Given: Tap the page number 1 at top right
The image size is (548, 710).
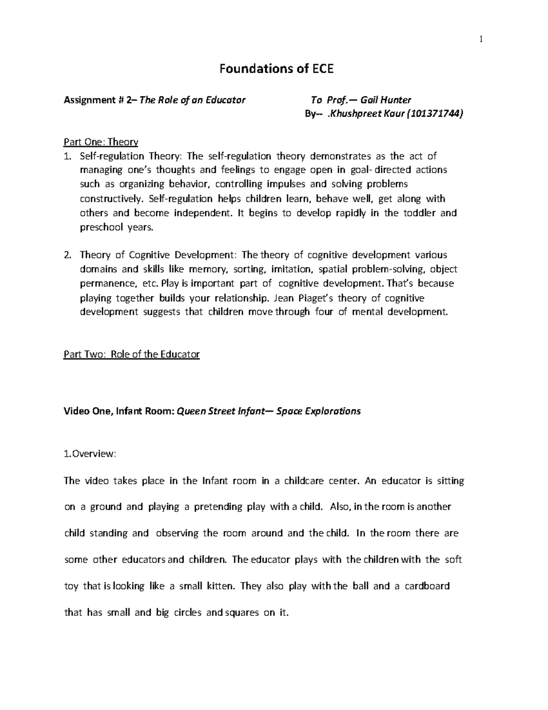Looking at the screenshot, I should (x=481, y=40).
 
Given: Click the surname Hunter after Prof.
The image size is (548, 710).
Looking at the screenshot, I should (x=396, y=100).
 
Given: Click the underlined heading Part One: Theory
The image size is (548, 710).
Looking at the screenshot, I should (x=100, y=142).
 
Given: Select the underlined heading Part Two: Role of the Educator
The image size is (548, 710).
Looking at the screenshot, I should (x=132, y=354).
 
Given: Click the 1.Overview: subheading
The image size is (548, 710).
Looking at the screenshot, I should (x=90, y=454).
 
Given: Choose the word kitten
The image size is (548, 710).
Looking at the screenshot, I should (x=216, y=586).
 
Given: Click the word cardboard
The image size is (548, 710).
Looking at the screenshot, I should (x=427, y=586).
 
